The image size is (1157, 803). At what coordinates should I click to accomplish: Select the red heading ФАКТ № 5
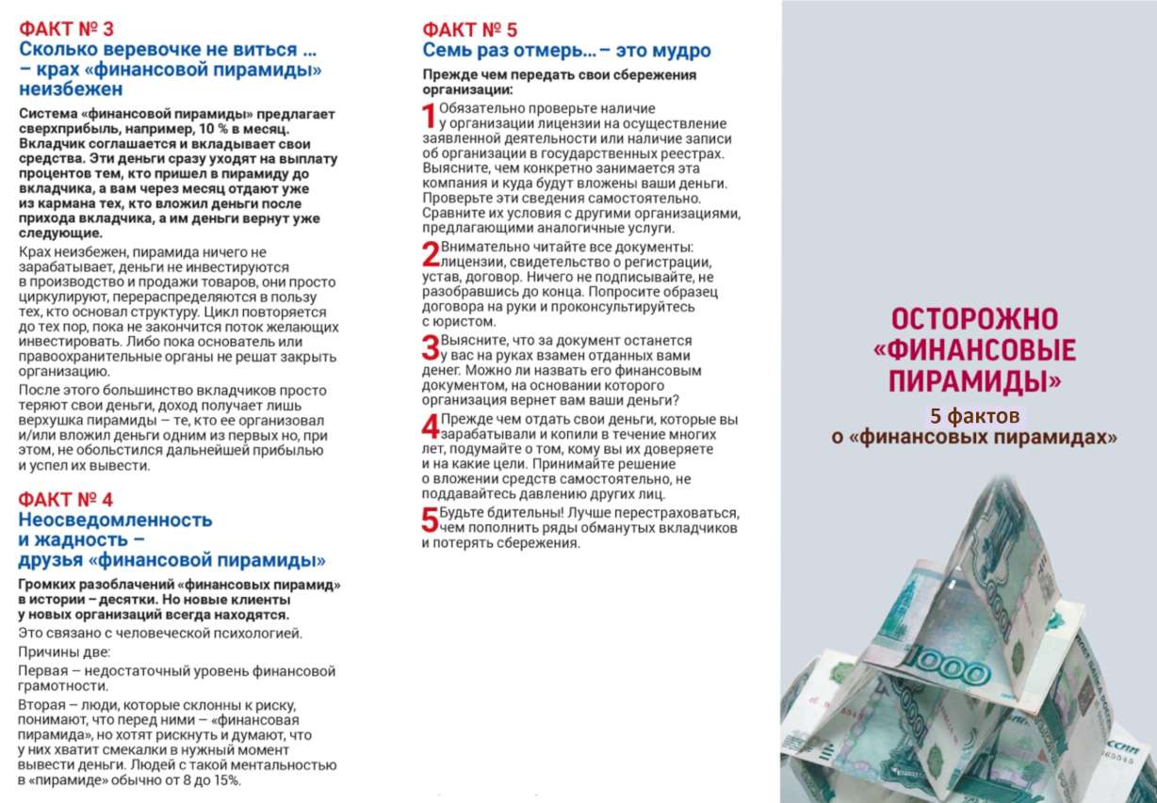click(469, 29)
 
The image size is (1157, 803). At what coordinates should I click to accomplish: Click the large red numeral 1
click(429, 116)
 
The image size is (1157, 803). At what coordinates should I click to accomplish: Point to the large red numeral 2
click(430, 254)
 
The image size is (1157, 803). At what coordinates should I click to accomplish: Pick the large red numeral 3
click(430, 347)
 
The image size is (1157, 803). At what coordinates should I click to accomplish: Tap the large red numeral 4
click(430, 426)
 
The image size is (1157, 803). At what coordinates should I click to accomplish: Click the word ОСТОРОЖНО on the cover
click(974, 319)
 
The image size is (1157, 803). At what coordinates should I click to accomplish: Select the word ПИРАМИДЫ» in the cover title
click(976, 381)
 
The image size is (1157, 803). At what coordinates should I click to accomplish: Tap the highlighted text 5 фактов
click(974, 414)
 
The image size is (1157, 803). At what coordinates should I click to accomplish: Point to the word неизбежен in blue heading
click(71, 90)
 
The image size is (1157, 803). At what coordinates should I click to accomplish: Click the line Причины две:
click(64, 652)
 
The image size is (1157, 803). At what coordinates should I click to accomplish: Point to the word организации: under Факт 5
click(467, 90)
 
